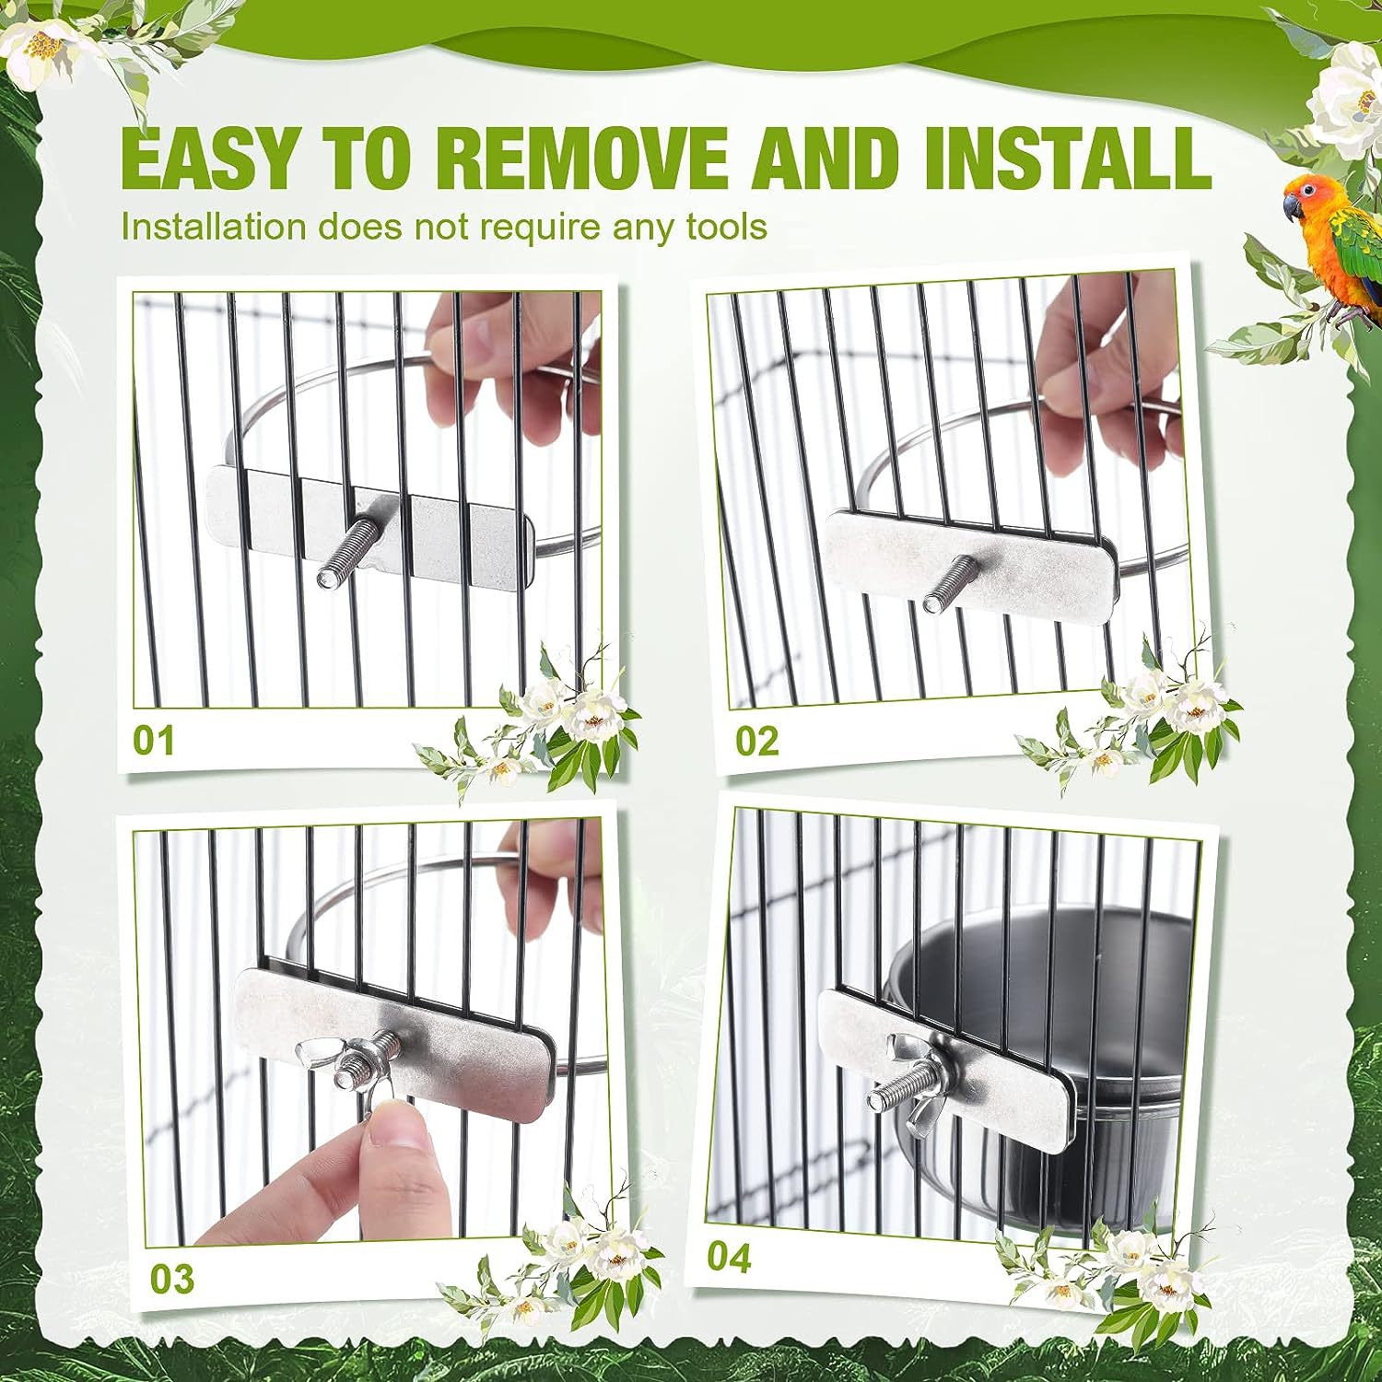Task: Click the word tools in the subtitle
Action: click(726, 226)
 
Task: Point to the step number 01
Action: click(153, 740)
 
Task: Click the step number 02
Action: click(756, 740)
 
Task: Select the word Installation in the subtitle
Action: click(214, 226)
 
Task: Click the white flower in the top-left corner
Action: click(41, 41)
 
